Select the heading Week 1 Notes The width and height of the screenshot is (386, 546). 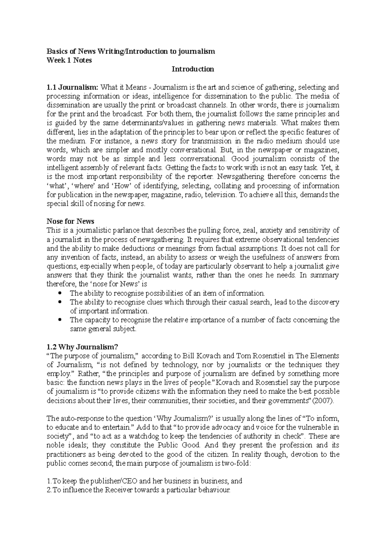coord(69,60)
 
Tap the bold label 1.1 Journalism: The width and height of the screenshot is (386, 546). coord(72,87)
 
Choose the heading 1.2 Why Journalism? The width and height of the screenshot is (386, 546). coord(83,347)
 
